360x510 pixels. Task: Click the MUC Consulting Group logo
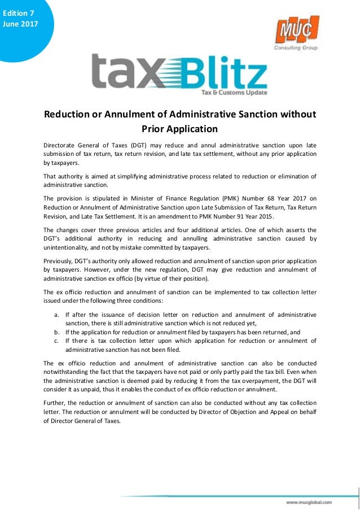pyautogui.click(x=296, y=33)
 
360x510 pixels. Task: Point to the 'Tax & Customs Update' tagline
pyautogui.click(x=235, y=92)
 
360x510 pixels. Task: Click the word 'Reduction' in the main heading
pyautogui.click(x=67, y=115)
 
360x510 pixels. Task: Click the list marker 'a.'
pyautogui.click(x=57, y=314)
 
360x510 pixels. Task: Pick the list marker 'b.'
pyautogui.click(x=57, y=332)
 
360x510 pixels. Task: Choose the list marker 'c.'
pyautogui.click(x=57, y=341)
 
